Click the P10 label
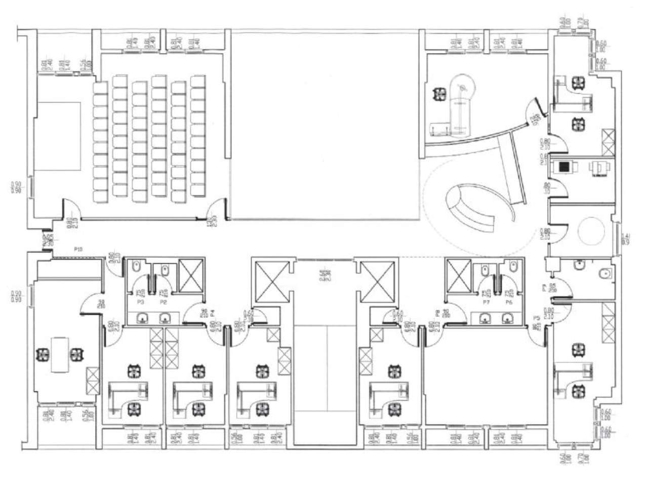[x=77, y=249]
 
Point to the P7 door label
[x=486, y=302]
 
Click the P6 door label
[x=509, y=302]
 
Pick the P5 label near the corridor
[x=536, y=318]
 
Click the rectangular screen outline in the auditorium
[x=58, y=137]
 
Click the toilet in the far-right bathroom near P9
[x=604, y=274]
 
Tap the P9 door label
[x=544, y=288]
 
